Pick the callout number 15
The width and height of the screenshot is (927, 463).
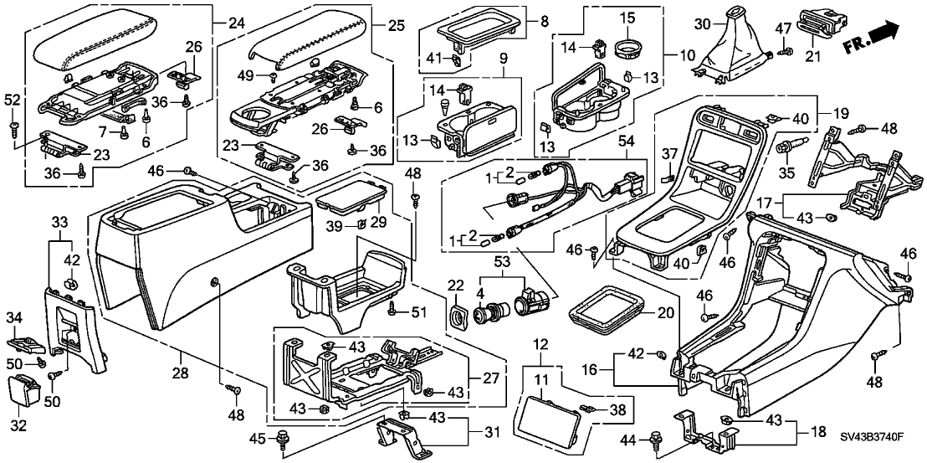tap(627, 18)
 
